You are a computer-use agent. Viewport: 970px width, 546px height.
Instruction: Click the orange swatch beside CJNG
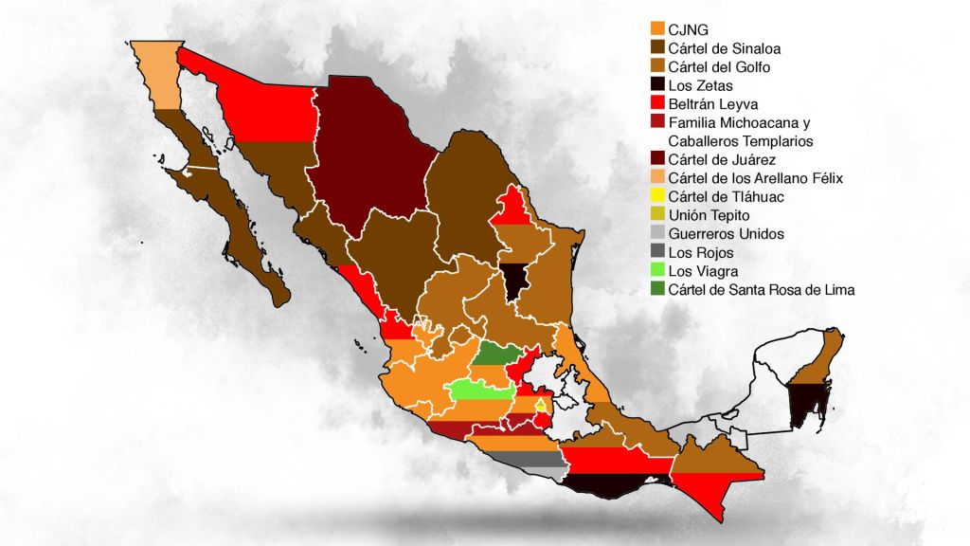click(x=657, y=29)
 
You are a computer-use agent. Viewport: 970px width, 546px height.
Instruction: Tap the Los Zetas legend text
click(x=700, y=86)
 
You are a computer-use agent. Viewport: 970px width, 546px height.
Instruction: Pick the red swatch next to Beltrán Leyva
click(x=657, y=104)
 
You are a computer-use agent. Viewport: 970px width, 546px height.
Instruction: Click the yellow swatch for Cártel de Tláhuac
click(x=657, y=196)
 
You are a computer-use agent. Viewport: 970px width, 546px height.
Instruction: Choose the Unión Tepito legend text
click(x=709, y=215)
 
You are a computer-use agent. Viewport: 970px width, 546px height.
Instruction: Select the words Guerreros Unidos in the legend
click(x=726, y=234)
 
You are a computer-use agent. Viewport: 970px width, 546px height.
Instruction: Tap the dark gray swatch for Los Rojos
click(x=657, y=252)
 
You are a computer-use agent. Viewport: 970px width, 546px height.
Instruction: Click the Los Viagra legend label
click(x=701, y=271)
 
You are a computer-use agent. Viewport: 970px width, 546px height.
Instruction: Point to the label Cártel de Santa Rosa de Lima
click(x=762, y=290)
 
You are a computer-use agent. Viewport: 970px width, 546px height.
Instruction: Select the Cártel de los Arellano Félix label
click(x=755, y=178)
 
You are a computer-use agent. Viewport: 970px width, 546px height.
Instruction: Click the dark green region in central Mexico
click(x=497, y=354)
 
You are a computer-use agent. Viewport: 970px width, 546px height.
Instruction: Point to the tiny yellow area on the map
click(x=541, y=406)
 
